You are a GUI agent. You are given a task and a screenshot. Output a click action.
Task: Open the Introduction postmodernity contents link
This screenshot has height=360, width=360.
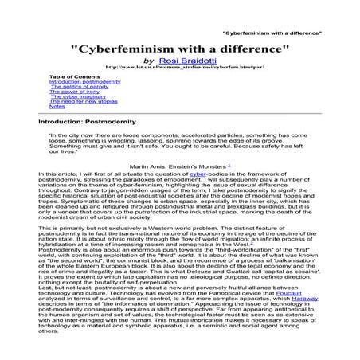(84, 82)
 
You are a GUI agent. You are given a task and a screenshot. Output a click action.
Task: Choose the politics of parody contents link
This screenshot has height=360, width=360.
(76, 87)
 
